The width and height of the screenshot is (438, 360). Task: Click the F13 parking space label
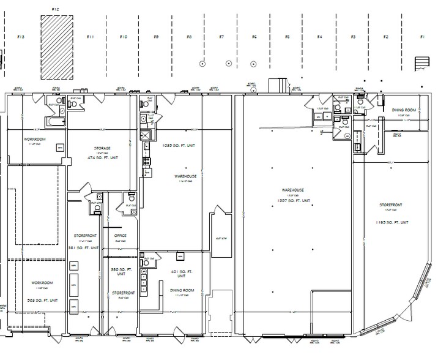[x=21, y=37]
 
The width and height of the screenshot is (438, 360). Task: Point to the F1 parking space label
[x=421, y=37]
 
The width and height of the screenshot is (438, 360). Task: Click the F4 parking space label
[x=319, y=37]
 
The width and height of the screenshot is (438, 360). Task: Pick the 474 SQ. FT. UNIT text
[x=102, y=158]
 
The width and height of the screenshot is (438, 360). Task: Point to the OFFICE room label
[x=120, y=234]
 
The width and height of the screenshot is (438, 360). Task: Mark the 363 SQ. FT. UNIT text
[x=43, y=300]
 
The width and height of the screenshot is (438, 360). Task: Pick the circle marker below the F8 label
[x=203, y=63]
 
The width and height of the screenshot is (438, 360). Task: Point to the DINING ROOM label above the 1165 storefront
[x=404, y=110]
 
